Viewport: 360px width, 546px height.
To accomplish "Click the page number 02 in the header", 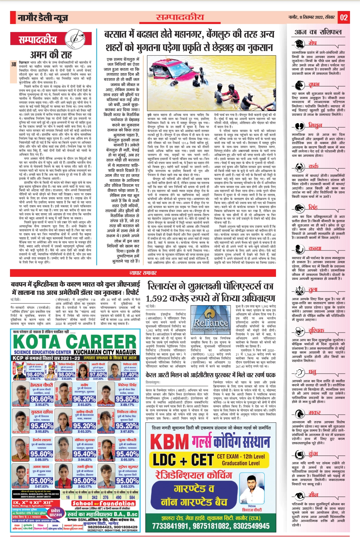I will pos(344,17).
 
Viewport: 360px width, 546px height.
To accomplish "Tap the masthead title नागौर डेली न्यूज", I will pos(43,18).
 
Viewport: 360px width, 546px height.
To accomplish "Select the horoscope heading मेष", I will pos(312,43).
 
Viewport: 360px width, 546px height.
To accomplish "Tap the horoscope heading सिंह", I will pos(313,207).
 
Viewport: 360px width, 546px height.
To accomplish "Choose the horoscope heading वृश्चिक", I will pos(316,331).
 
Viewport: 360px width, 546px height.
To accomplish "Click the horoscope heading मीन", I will pos(313,494).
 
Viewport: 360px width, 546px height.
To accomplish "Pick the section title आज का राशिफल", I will pos(318,32).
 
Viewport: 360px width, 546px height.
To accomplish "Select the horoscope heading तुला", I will pos(313,290).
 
